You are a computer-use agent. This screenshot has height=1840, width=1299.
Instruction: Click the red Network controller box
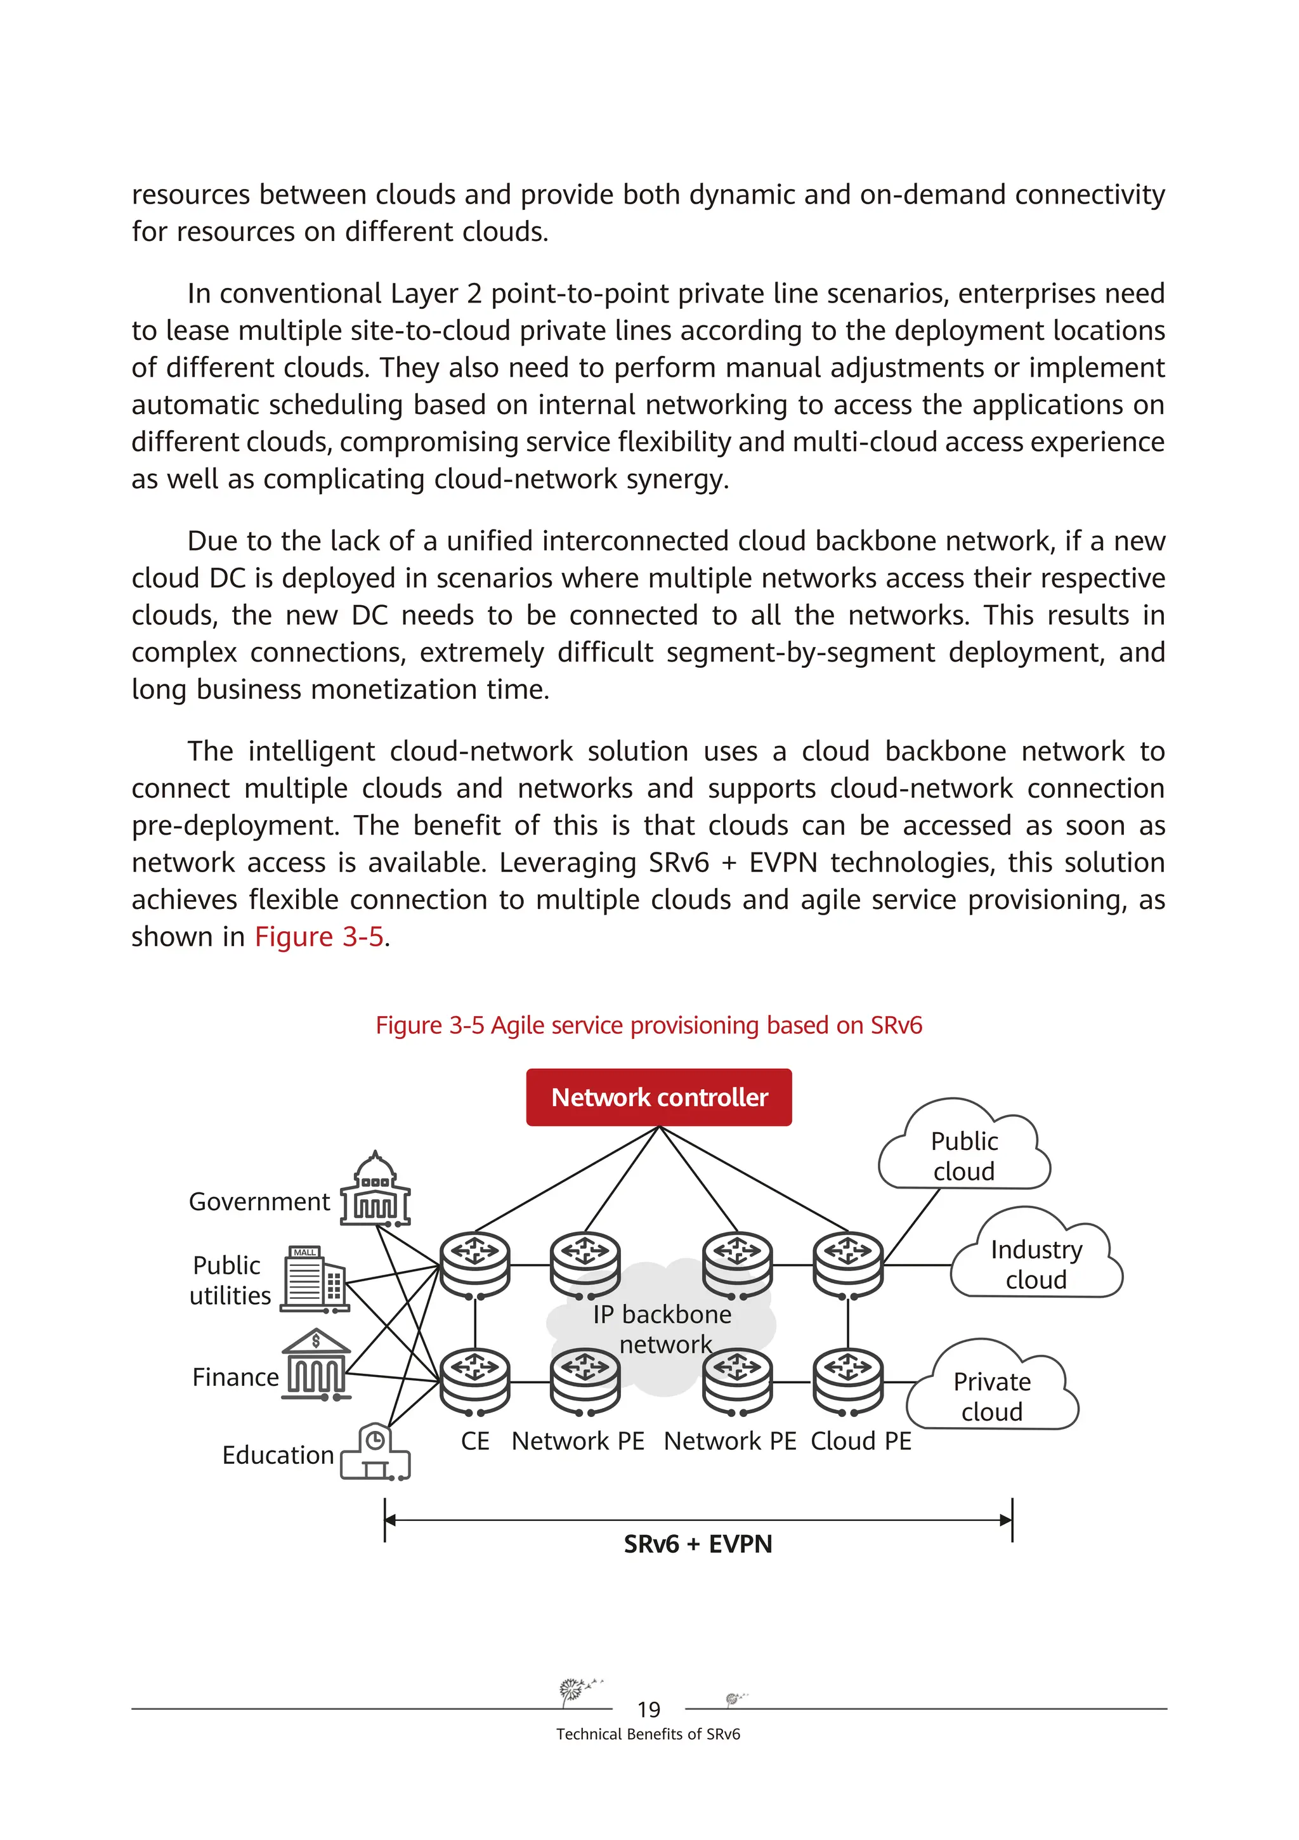click(659, 1097)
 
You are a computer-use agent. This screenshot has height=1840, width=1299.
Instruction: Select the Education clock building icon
click(375, 1451)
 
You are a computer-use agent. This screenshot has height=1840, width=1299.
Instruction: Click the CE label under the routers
click(475, 1441)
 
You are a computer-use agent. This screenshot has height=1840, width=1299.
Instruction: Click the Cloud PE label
click(861, 1441)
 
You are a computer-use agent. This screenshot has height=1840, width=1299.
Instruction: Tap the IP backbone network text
click(663, 1329)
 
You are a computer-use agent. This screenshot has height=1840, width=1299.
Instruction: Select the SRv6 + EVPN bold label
click(698, 1544)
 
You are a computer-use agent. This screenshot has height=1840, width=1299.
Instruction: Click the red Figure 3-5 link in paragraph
click(319, 937)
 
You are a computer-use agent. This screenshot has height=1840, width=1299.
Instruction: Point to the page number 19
click(648, 1709)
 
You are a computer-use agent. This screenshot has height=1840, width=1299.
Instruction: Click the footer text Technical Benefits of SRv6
click(648, 1734)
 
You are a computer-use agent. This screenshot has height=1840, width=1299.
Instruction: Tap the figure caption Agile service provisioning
click(649, 1026)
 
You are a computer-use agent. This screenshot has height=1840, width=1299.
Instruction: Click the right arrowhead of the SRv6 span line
click(1006, 1520)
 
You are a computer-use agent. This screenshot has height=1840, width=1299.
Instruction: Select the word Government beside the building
click(259, 1202)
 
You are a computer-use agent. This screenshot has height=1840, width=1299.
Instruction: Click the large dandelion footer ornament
click(574, 1690)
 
